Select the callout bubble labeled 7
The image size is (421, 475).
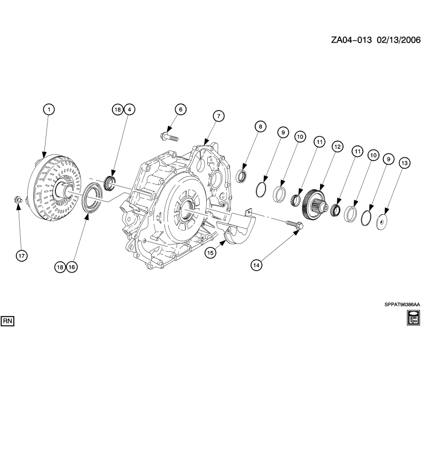tap(218, 115)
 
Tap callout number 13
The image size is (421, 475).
tap(404, 163)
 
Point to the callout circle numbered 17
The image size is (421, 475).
tap(21, 255)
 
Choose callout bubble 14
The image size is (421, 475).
tap(256, 265)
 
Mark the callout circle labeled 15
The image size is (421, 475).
tap(210, 252)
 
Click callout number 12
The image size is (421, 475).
tap(337, 146)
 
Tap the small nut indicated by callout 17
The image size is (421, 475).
tap(17, 200)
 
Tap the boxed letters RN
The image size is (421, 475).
tap(8, 321)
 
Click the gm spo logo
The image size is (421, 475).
tap(413, 318)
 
